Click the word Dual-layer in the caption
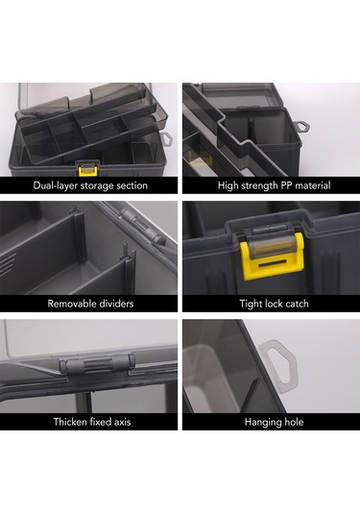pos(55,185)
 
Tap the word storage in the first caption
pos(97,185)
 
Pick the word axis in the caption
pos(122,422)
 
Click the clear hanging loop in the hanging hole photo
pos(278,365)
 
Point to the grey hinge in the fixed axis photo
pos(97,364)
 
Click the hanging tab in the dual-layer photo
pos(167,139)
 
